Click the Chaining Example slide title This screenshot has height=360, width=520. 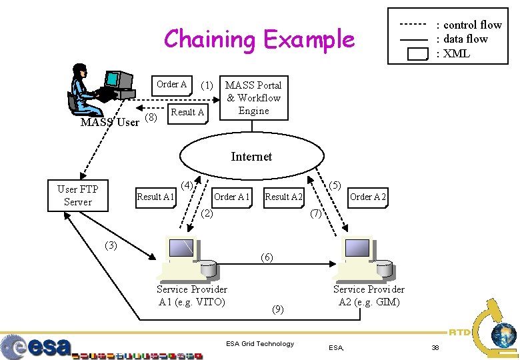pyautogui.click(x=259, y=39)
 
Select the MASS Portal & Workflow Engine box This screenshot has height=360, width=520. pyautogui.click(x=253, y=98)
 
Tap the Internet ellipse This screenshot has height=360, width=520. pyautogui.click(x=251, y=157)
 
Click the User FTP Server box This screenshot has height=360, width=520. pyautogui.click(x=78, y=195)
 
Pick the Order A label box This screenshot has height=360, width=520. pyautogui.click(x=171, y=85)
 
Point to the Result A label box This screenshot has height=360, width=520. pyautogui.click(x=187, y=112)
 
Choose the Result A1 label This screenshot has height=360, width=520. pyautogui.click(x=155, y=197)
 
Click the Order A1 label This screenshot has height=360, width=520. pyautogui.click(x=232, y=197)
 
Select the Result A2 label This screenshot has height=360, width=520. pyautogui.click(x=284, y=197)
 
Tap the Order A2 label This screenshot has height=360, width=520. pyautogui.click(x=368, y=197)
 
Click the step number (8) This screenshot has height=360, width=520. pyautogui.click(x=151, y=118)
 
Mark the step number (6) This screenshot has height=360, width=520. pyautogui.click(x=267, y=257)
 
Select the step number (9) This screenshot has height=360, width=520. pyautogui.click(x=278, y=309)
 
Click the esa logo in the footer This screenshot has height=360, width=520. pyautogui.click(x=37, y=347)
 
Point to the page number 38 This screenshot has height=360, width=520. pyautogui.click(x=435, y=347)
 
